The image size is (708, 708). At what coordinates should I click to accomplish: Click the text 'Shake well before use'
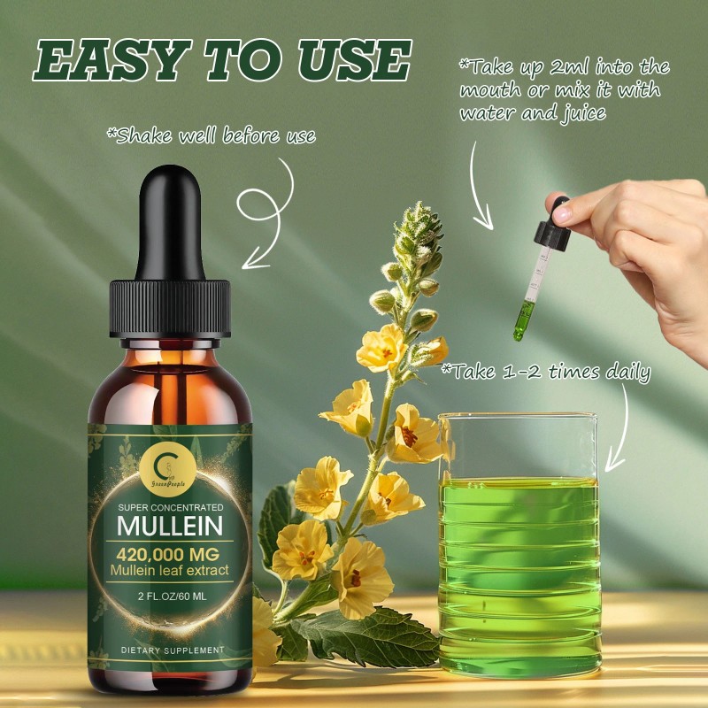[x=211, y=136]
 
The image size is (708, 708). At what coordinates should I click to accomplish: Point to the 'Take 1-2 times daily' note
[x=545, y=372]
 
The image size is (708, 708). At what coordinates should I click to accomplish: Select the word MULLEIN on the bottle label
[x=173, y=526]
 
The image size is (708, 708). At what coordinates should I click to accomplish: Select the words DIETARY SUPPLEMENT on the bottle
[x=173, y=651]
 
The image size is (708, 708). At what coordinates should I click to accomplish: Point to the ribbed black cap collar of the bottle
[x=170, y=306]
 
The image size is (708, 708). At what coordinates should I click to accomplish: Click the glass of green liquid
[x=519, y=549]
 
